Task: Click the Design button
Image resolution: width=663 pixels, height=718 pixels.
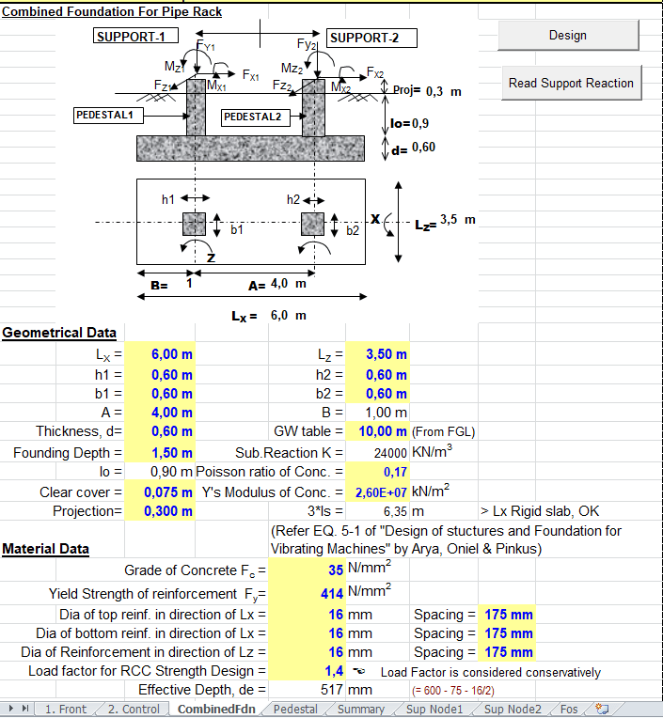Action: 567,36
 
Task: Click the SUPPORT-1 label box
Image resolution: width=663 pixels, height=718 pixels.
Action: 130,37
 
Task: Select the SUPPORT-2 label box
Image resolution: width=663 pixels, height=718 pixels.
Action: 372,38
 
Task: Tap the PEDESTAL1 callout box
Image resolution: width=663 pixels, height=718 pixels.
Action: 110,116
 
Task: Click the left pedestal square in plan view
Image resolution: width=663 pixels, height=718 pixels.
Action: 194,224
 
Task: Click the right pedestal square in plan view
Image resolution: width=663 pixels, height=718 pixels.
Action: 313,224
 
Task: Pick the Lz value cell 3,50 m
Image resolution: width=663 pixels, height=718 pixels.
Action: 378,354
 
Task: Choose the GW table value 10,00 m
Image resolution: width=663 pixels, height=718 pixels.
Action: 378,431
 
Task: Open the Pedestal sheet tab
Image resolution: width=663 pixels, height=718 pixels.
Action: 295,709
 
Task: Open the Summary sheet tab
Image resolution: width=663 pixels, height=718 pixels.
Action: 360,709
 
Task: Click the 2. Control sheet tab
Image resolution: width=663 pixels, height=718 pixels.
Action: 134,709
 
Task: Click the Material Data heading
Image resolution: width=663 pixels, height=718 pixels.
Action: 46,549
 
